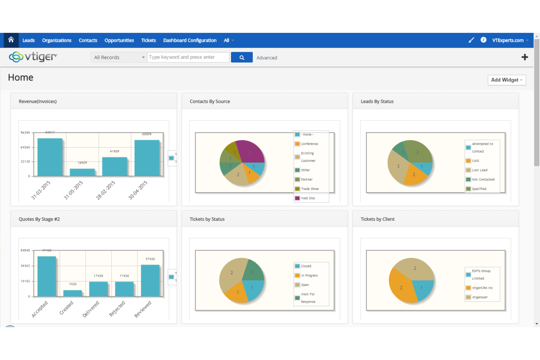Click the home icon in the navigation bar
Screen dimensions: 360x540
click(x=11, y=40)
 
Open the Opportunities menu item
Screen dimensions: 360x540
click(x=119, y=40)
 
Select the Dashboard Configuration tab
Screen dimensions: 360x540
click(x=189, y=40)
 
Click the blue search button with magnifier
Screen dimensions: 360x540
click(x=242, y=58)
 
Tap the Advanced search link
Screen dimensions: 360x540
click(x=266, y=58)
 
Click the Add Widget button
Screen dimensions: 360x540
click(x=506, y=80)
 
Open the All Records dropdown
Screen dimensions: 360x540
click(x=119, y=57)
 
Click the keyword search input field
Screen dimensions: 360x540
click(x=188, y=57)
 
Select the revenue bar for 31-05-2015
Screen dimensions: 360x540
click(x=82, y=172)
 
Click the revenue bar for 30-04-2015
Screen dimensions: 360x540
click(x=147, y=158)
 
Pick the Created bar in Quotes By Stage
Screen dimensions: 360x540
click(x=72, y=293)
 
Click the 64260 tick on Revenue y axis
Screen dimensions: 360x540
click(x=25, y=147)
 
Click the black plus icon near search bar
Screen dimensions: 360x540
click(x=524, y=57)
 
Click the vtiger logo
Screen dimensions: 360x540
click(x=33, y=57)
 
